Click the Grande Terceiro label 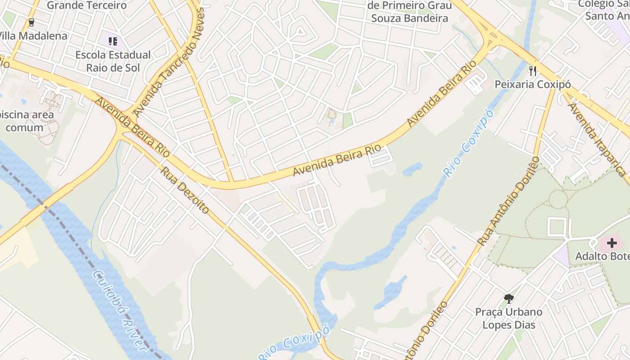86,5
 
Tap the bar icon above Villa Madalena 31,22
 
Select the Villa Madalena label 32,36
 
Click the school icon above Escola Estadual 112,41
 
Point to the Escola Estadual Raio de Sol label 113,61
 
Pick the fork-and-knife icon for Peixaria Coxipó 533,71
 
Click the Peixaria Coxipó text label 533,84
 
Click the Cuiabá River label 119,310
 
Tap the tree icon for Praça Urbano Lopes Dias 509,298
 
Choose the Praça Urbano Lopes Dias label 509,318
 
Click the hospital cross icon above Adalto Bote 612,243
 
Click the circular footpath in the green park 558,198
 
